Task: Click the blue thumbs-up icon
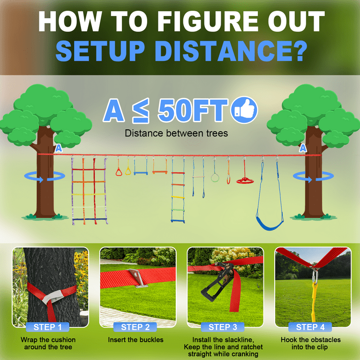[245, 110]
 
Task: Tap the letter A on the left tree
[59, 149]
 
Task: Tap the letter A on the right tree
[303, 149]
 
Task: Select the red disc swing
[244, 180]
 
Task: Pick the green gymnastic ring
[215, 177]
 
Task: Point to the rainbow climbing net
[90, 190]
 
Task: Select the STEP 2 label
[135, 327]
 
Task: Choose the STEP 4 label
[310, 327]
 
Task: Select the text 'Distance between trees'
[176, 134]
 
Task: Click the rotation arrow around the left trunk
[44, 177]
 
